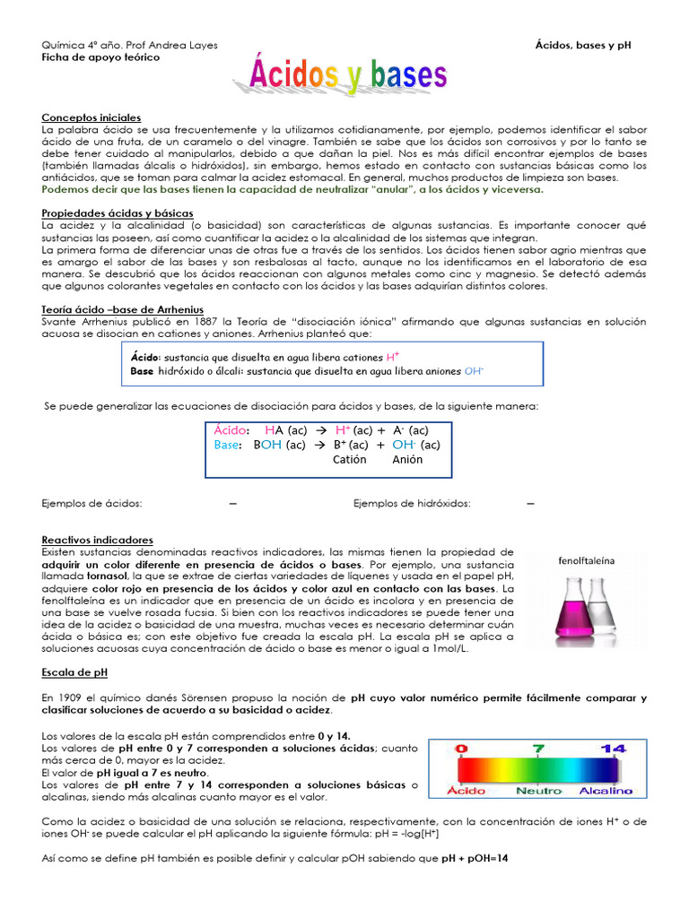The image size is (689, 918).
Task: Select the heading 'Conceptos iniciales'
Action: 92,118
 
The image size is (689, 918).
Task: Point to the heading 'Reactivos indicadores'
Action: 98,540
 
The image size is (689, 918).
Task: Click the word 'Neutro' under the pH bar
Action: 538,791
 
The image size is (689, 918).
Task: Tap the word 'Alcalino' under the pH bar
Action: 605,791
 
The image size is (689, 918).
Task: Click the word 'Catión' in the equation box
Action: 350,460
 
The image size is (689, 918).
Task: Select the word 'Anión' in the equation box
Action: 408,460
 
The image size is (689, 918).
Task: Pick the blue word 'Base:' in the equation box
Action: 229,445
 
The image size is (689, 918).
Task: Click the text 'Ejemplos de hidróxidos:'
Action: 412,503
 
